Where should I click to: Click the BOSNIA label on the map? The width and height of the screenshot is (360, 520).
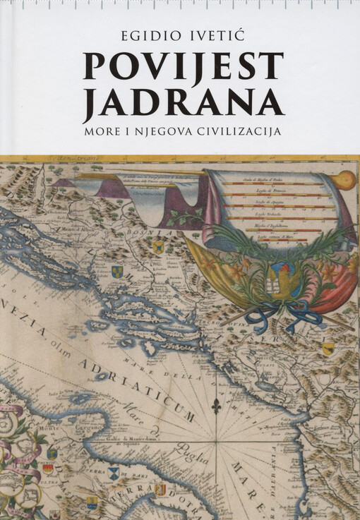[x=179, y=232]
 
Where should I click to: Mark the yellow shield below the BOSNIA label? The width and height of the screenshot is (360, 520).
[x=158, y=246]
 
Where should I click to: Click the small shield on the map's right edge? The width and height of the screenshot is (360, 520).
[x=328, y=348]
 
